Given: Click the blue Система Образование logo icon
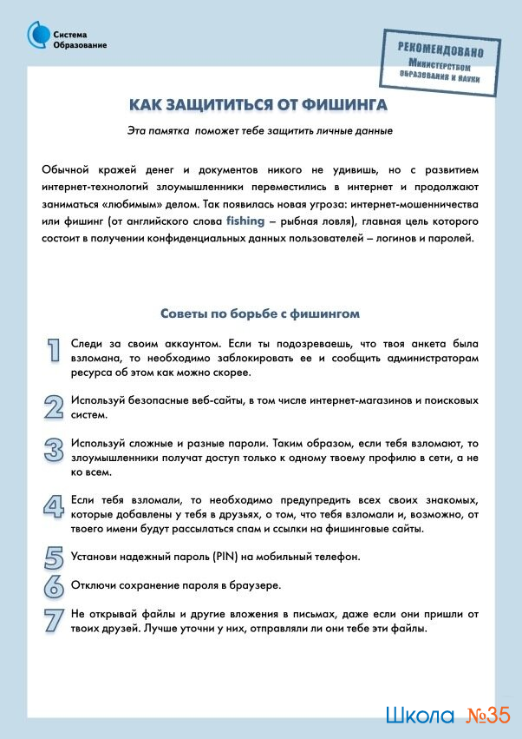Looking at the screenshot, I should click(38, 36).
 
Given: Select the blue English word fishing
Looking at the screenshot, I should click(245, 221).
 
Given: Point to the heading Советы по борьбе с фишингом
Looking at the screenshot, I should click(260, 313).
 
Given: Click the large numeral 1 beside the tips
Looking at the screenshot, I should click(54, 349).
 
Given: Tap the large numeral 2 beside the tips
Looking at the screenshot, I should click(54, 406).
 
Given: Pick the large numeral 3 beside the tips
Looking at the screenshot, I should click(54, 449).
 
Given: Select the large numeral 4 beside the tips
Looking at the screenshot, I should click(54, 506).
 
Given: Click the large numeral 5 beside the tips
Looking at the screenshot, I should click(54, 557).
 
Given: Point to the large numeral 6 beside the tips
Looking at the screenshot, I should click(54, 585).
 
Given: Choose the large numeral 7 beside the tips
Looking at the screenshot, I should click(54, 620).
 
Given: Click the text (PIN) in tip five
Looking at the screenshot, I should click(200, 557).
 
